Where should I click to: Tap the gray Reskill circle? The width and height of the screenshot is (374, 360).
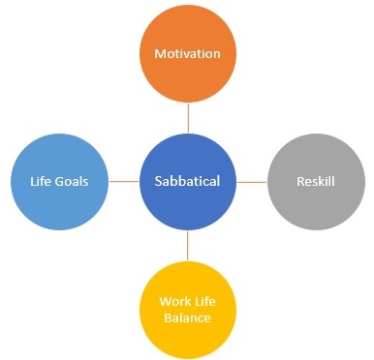[315, 181]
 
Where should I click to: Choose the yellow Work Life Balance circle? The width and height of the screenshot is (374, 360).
[188, 308]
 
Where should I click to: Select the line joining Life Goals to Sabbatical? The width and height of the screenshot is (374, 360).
[124, 181]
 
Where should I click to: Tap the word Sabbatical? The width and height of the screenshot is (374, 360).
[188, 181]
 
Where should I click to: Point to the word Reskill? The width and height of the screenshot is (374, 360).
[315, 181]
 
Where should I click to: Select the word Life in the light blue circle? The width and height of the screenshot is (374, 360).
[39, 181]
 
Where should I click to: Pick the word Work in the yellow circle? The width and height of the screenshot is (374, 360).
[175, 299]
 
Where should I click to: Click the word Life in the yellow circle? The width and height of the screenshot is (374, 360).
[205, 299]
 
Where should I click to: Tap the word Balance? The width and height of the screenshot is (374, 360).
[188, 316]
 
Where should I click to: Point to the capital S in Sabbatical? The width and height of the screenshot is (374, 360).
[159, 181]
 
